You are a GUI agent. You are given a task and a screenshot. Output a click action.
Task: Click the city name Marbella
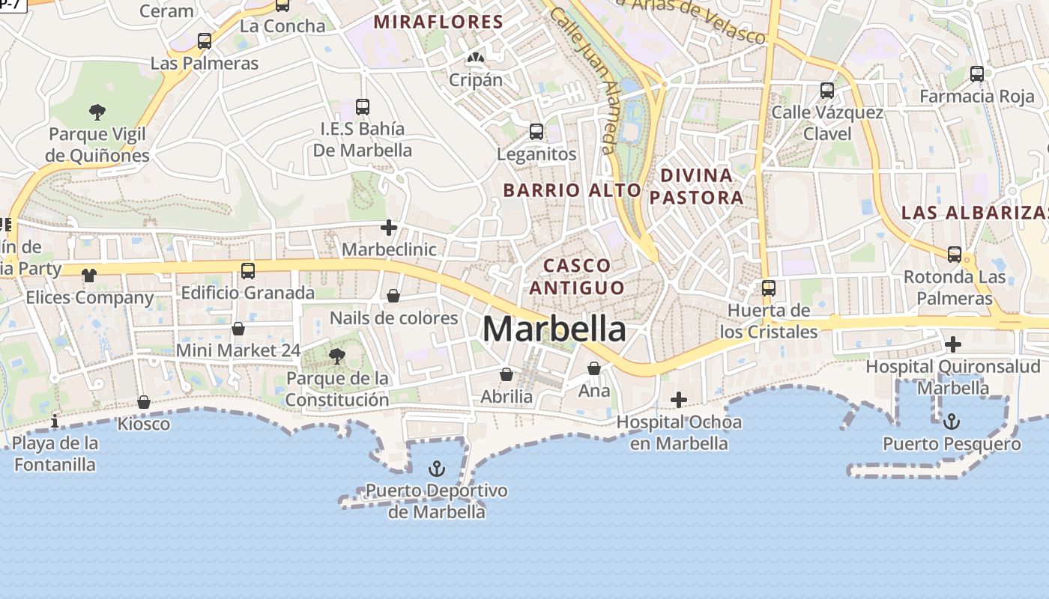(x=554, y=329)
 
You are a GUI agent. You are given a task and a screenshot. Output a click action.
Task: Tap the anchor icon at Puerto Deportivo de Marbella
(x=436, y=469)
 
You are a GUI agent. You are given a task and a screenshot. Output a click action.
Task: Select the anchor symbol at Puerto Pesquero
(x=952, y=422)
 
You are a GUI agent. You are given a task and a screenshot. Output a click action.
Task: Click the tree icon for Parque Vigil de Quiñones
(x=97, y=113)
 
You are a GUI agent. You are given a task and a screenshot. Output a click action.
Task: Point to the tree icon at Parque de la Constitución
(x=337, y=356)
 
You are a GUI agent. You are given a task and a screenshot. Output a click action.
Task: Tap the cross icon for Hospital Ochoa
(x=679, y=400)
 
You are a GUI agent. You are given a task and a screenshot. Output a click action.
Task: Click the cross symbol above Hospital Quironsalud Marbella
(x=953, y=344)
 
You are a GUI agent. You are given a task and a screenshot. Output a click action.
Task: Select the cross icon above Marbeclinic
(x=389, y=227)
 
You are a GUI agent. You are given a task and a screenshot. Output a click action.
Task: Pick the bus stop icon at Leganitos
(x=536, y=132)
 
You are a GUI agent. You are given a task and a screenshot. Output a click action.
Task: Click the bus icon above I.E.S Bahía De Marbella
(x=363, y=106)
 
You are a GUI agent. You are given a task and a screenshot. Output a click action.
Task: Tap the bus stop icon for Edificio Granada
(x=248, y=270)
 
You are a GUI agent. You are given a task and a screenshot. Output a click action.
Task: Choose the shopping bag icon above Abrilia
(x=507, y=374)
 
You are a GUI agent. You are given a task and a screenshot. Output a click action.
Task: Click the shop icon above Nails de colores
(x=393, y=297)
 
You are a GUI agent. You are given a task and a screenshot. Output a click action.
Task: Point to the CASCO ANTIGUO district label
(x=577, y=276)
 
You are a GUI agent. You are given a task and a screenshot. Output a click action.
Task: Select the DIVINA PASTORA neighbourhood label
(x=696, y=186)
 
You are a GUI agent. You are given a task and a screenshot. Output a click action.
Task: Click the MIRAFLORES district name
(x=438, y=22)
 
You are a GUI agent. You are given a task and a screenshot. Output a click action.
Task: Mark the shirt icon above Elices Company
(x=89, y=276)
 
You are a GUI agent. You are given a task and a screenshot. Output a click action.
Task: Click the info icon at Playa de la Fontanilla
(x=55, y=422)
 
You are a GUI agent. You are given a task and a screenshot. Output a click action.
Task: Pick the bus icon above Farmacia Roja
(x=977, y=74)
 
